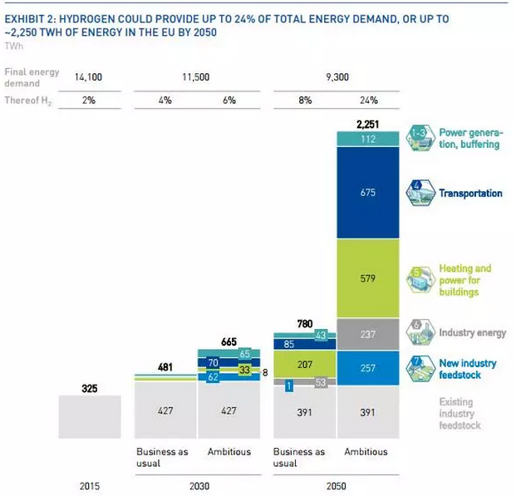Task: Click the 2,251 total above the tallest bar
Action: point(366,124)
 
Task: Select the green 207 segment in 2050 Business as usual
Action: point(303,365)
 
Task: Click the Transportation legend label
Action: point(469,194)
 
